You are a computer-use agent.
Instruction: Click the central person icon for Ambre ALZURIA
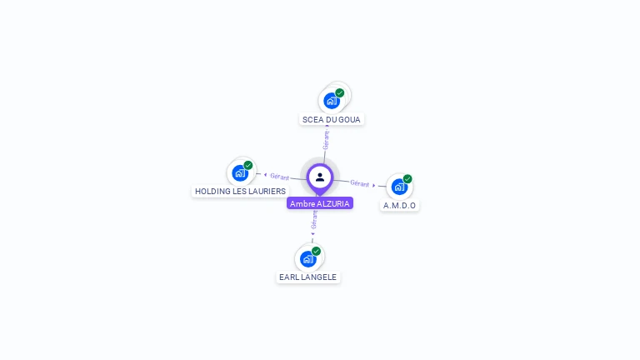[x=320, y=177]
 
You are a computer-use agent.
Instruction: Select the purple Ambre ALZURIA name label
[x=320, y=203]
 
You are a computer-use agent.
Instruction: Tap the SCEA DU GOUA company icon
[x=332, y=101]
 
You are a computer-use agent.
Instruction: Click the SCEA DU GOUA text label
[x=332, y=119]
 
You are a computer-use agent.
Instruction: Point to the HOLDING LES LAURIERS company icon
[x=240, y=173]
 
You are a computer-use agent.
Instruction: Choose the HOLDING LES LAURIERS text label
[x=240, y=191]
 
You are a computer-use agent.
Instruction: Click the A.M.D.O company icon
[x=399, y=187]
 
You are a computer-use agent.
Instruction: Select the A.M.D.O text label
[x=399, y=205]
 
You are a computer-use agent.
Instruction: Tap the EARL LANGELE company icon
[x=308, y=259]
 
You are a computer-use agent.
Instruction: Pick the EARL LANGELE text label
[x=308, y=277]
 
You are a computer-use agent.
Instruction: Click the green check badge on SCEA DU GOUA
[x=340, y=92]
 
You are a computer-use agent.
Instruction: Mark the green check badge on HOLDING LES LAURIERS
[x=248, y=165]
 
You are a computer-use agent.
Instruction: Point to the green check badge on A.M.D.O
[x=407, y=178]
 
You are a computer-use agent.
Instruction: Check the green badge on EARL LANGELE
[x=317, y=251]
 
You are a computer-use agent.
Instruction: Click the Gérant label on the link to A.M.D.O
[x=360, y=183]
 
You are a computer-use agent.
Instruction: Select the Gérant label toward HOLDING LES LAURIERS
[x=279, y=176]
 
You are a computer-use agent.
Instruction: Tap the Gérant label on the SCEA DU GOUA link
[x=326, y=140]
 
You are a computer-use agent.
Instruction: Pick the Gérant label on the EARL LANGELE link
[x=314, y=220]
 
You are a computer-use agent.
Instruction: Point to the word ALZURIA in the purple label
[x=333, y=203]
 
